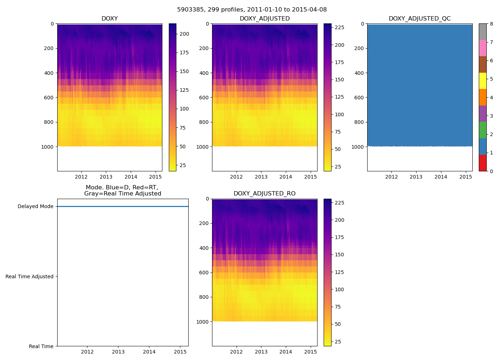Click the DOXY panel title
click(x=109, y=19)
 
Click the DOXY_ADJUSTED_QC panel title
click(x=419, y=19)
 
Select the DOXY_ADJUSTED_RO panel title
click(x=264, y=194)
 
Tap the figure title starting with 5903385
click(x=252, y=10)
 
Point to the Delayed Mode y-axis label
click(x=35, y=207)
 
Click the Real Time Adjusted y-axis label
click(x=30, y=276)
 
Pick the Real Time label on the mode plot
click(x=41, y=346)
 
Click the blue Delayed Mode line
click(x=122, y=207)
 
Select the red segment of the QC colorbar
click(x=482, y=163)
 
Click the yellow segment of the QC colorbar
click(x=482, y=81)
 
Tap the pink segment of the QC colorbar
click(x=482, y=48)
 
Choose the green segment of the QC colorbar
click(x=482, y=130)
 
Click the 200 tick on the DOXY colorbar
click(x=184, y=34)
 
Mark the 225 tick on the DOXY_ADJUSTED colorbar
click(x=339, y=28)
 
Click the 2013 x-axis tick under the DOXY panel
click(x=106, y=177)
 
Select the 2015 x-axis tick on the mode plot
click(x=180, y=352)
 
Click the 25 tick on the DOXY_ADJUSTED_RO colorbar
click(x=339, y=342)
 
